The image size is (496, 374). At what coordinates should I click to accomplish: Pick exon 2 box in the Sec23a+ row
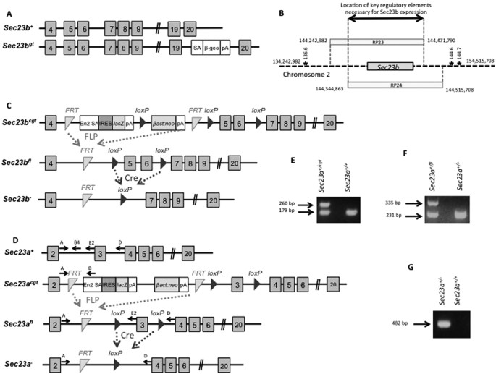(x=53, y=254)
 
